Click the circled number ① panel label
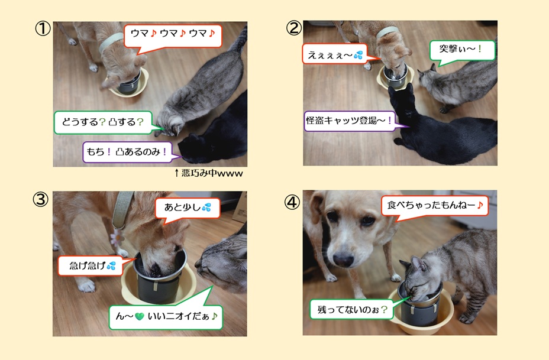coord(43,29)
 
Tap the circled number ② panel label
coord(294,28)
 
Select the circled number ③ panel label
coord(41,199)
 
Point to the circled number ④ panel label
coord(292,202)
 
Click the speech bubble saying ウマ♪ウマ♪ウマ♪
coord(173,35)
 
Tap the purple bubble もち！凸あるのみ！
coord(127,152)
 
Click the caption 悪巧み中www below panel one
coord(209,173)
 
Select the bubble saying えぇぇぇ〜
coord(335,54)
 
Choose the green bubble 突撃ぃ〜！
coord(462,50)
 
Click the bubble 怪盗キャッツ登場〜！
coord(350,121)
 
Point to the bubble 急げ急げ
coord(91,266)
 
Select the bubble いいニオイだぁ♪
coord(166,316)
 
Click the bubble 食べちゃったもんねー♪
coord(435,205)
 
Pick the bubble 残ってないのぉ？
coord(351,309)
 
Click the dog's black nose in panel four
coord(343,260)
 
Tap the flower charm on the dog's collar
coord(117,237)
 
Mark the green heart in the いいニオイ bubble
coord(140,317)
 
